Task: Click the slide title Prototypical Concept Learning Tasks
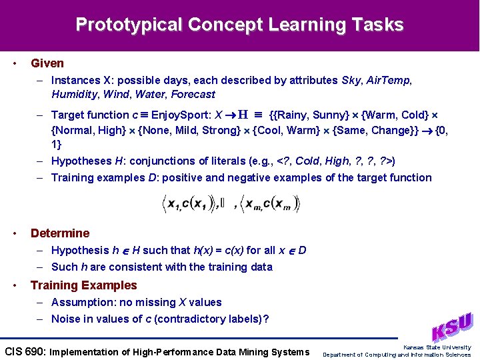[239, 25]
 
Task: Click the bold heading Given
[47, 63]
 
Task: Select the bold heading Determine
[60, 233]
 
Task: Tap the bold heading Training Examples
[83, 285]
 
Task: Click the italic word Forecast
[193, 95]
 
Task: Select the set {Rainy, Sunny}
[306, 115]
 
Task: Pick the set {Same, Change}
[370, 130]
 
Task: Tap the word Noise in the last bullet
[66, 319]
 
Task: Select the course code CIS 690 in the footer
[25, 351]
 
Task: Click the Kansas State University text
[437, 347]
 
